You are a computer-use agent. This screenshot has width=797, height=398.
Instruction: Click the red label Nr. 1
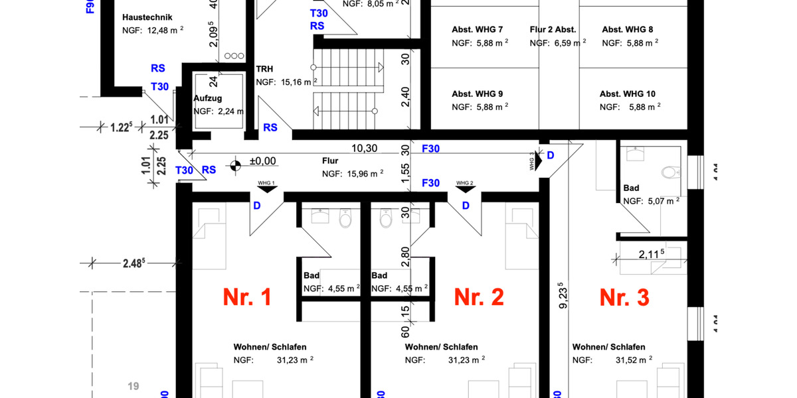point(247,298)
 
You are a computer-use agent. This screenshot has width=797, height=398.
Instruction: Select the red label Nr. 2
point(479,298)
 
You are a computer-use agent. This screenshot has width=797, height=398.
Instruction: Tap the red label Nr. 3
point(624,298)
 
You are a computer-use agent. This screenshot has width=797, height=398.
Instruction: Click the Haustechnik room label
point(147,17)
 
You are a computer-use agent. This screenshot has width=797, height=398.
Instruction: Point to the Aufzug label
point(207,98)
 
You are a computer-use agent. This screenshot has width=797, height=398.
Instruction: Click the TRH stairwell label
point(265,68)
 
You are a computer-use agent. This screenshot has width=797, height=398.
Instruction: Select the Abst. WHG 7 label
point(478,30)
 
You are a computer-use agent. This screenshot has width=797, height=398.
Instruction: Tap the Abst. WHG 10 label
point(628,94)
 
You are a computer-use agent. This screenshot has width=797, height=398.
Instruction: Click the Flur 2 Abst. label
point(553,30)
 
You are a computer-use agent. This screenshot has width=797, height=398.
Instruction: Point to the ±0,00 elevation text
point(262,161)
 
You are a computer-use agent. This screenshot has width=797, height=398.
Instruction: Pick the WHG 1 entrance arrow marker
point(268,188)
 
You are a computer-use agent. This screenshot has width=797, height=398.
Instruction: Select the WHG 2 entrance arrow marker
point(464,188)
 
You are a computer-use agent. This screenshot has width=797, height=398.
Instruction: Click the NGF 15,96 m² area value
point(363,174)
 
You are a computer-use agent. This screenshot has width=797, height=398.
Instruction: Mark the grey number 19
point(133,385)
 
